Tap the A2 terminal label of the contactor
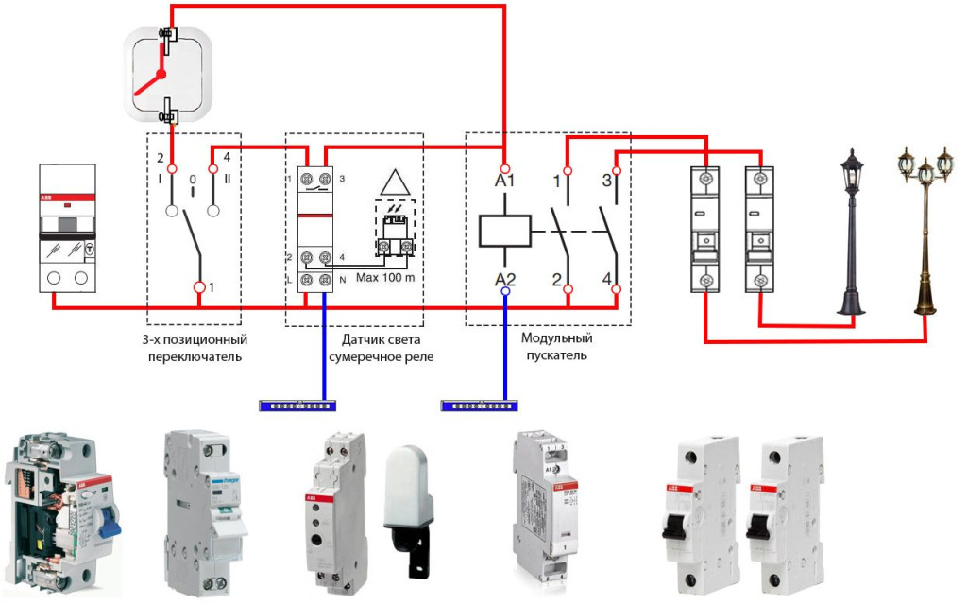click(504, 278)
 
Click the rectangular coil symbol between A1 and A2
click(504, 230)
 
